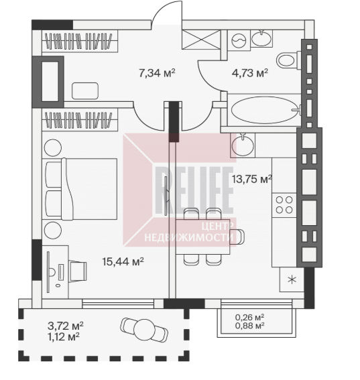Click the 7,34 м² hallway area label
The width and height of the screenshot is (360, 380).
tap(157, 72)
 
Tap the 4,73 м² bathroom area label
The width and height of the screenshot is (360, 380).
tap(250, 72)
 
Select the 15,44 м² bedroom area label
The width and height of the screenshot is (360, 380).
tap(123, 261)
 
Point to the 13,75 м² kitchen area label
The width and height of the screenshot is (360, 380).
tap(251, 180)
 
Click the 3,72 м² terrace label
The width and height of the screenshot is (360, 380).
tap(66, 326)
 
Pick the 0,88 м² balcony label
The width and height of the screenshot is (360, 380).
tap(249, 326)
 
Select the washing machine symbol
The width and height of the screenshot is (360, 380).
tap(239, 40)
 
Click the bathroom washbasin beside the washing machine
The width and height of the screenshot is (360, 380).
tap(261, 38)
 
